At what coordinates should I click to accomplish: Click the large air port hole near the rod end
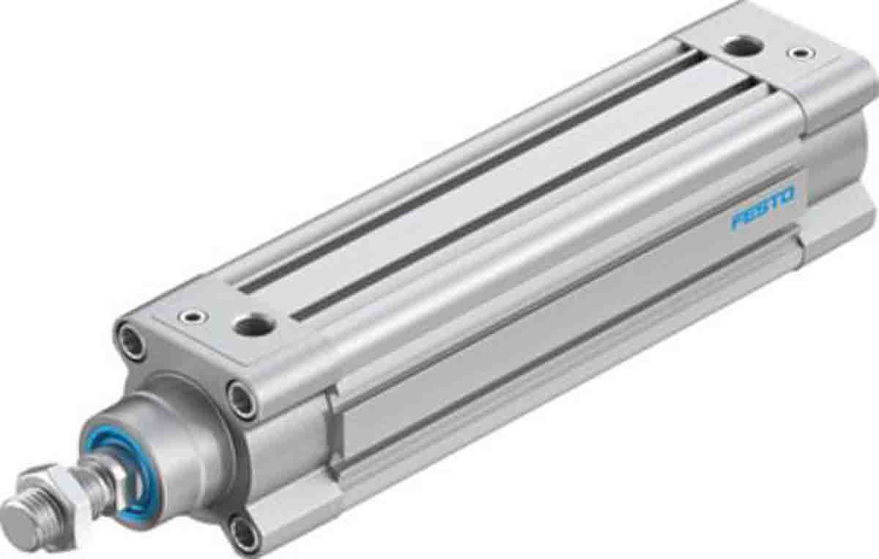tap(253, 324)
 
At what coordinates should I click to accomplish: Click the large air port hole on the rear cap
tap(741, 48)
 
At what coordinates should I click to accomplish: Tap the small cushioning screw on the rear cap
tap(799, 53)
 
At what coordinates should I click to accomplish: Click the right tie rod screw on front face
tap(241, 399)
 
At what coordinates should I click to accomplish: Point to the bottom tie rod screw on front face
tap(243, 533)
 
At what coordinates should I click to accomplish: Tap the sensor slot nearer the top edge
tap(469, 172)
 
